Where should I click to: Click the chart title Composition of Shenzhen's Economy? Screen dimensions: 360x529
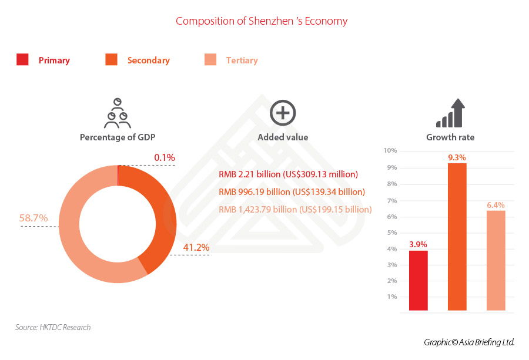(x=262, y=21)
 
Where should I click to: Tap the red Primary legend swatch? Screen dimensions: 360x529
(x=23, y=59)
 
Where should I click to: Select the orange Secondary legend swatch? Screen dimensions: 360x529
(x=111, y=59)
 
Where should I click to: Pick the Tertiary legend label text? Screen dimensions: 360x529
(x=242, y=60)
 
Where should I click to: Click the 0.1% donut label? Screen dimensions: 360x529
(x=164, y=157)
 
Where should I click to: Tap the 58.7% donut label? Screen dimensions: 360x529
(x=33, y=218)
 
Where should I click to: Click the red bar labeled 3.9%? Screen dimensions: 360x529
(x=418, y=280)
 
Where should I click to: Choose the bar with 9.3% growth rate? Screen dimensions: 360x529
(x=457, y=236)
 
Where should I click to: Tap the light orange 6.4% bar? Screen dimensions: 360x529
(x=495, y=260)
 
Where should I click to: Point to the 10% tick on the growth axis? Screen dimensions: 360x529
(x=390, y=151)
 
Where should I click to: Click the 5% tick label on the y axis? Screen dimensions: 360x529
(x=392, y=233)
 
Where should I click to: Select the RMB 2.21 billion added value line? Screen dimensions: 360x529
(x=288, y=174)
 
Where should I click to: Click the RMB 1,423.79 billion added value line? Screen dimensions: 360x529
(x=295, y=209)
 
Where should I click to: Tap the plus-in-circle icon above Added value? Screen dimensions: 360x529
(x=282, y=113)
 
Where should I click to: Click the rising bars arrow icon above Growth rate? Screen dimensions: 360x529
(x=450, y=113)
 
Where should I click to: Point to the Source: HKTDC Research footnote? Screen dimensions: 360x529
(x=53, y=327)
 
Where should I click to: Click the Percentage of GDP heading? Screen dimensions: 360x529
(x=118, y=137)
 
